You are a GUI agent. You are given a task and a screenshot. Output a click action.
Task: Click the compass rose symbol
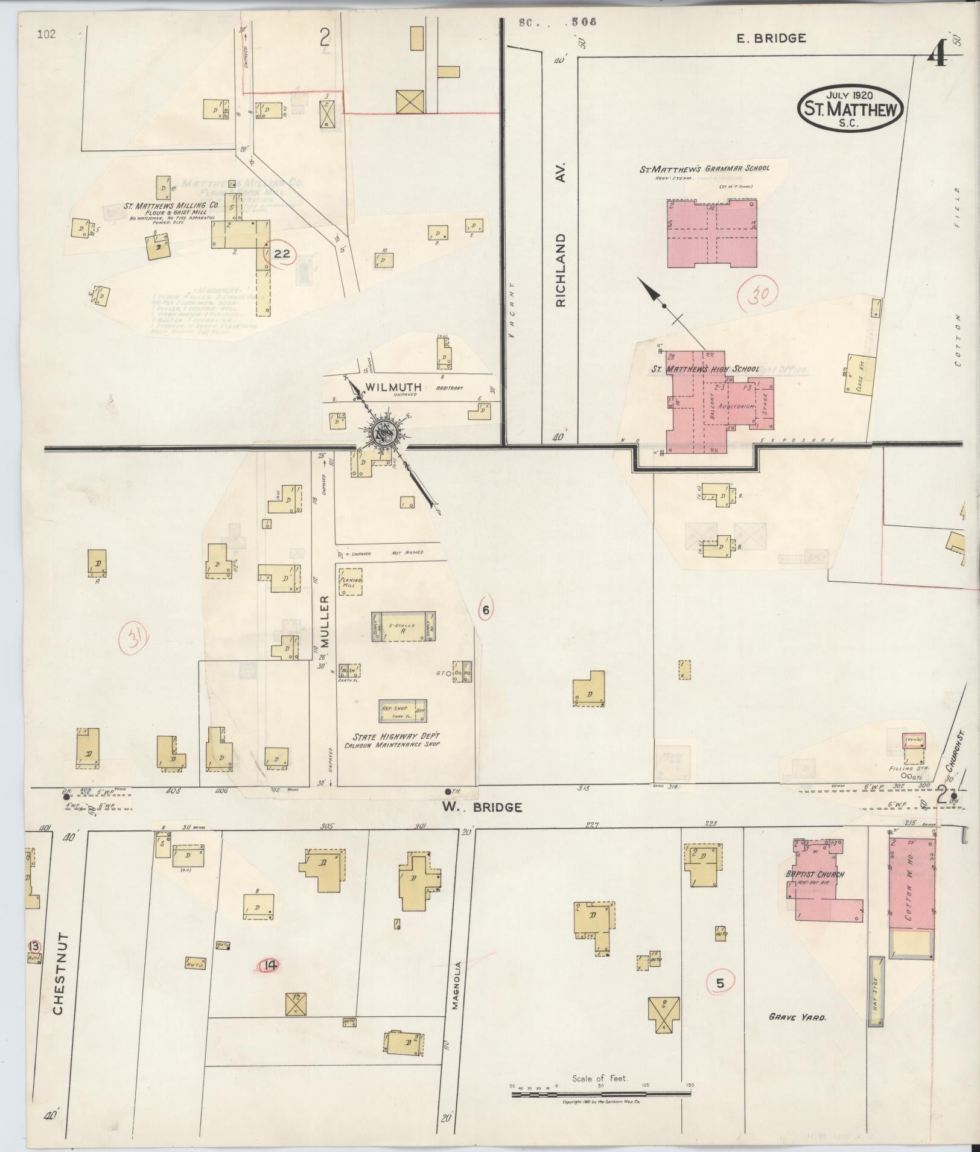pyautogui.click(x=383, y=431)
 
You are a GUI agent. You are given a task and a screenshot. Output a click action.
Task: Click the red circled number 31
pyautogui.click(x=135, y=639)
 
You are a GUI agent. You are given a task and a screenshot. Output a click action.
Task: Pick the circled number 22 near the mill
pyautogui.click(x=282, y=254)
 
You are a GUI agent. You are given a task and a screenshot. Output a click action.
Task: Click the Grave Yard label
pyautogui.click(x=797, y=1017)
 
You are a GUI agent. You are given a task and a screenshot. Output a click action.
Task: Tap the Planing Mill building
pyautogui.click(x=350, y=582)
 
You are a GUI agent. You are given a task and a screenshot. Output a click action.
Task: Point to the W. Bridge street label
pyautogui.click(x=482, y=807)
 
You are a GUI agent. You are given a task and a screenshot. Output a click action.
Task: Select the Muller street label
pyautogui.click(x=324, y=621)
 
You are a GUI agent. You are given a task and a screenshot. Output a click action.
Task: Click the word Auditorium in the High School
pyautogui.click(x=737, y=406)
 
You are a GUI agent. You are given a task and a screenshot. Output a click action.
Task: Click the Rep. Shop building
pyautogui.click(x=403, y=711)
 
